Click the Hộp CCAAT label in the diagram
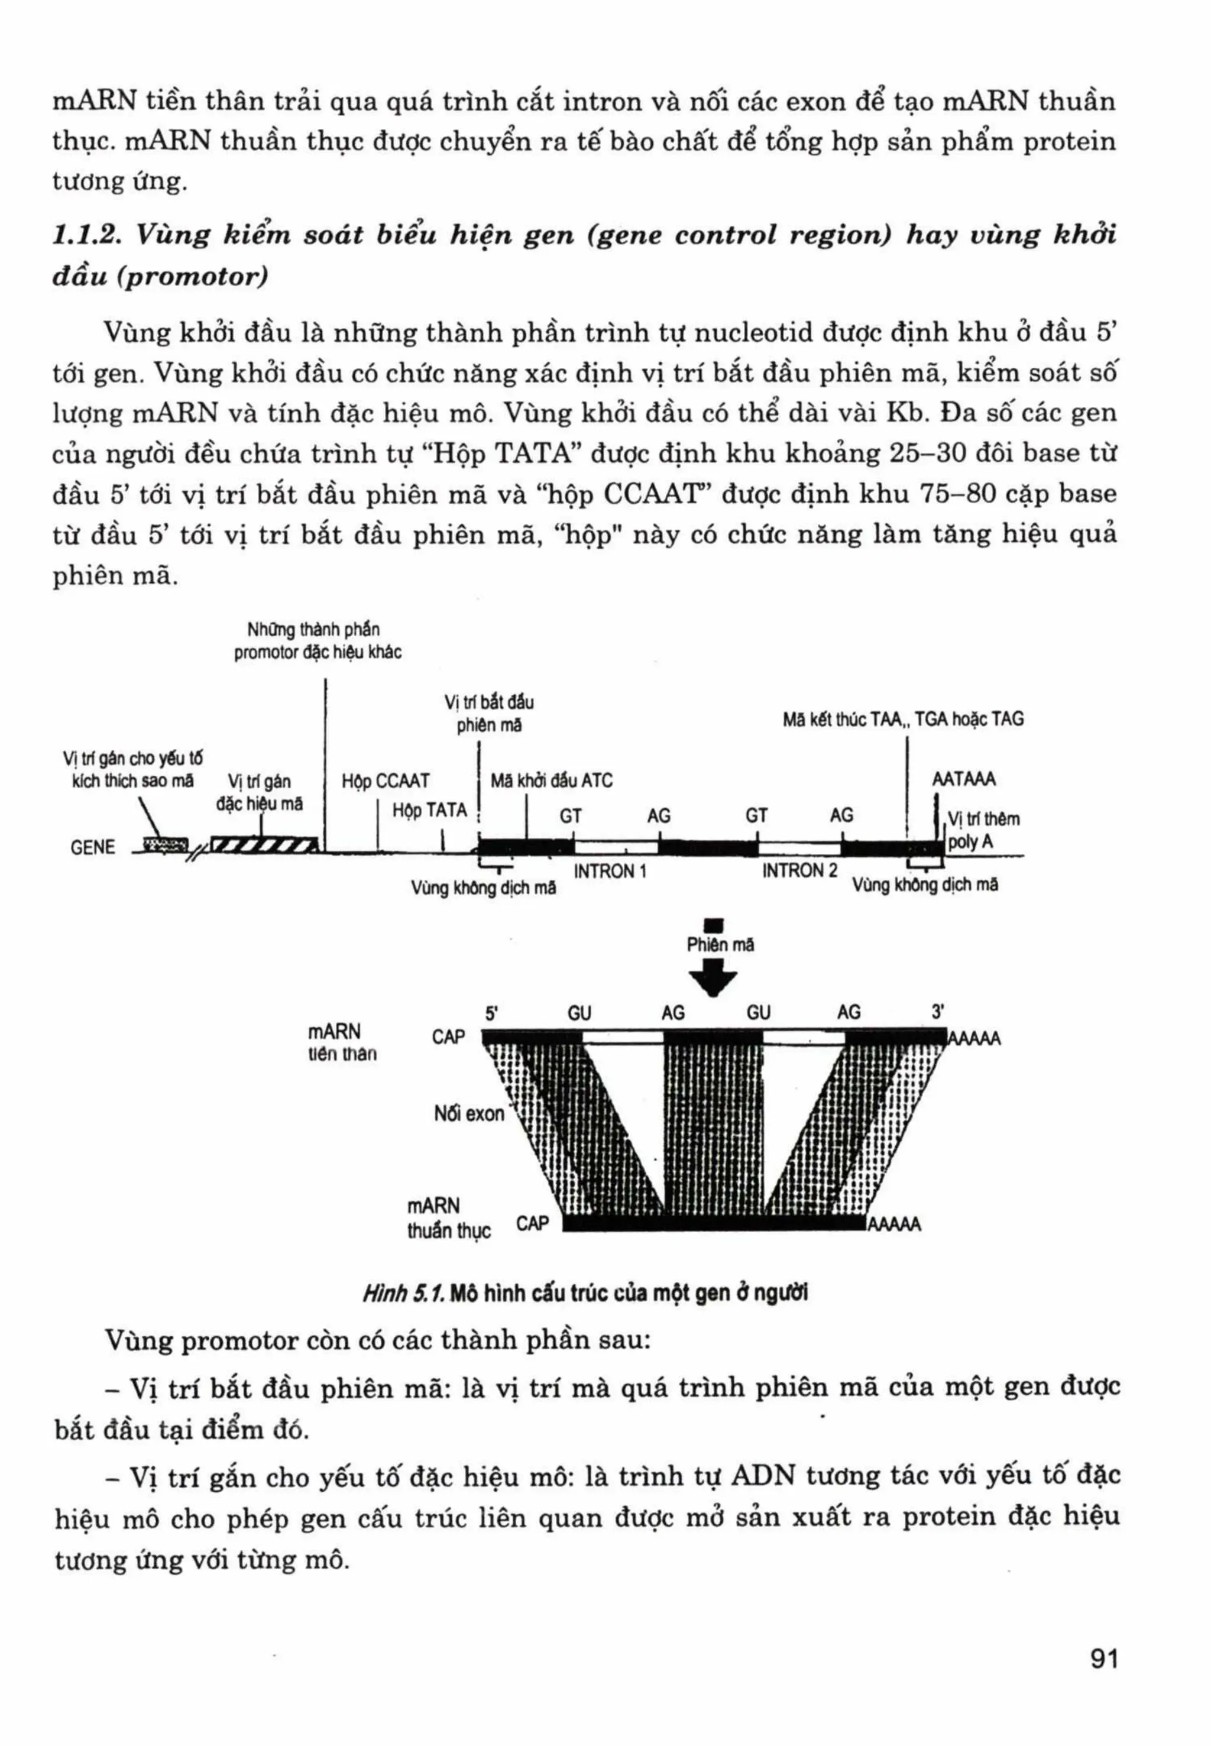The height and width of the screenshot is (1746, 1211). [x=386, y=781]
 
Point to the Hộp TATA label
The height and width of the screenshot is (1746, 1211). [x=429, y=811]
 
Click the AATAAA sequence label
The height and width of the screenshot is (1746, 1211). [x=964, y=779]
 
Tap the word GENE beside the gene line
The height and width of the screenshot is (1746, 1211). [x=93, y=848]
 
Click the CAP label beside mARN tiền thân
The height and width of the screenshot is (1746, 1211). [x=448, y=1036]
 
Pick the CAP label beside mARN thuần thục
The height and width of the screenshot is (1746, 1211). [x=532, y=1223]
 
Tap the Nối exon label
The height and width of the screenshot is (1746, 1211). [x=469, y=1113]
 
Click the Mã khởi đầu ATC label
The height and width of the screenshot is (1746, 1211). [x=552, y=781]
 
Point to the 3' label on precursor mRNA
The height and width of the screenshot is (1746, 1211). [x=938, y=1012]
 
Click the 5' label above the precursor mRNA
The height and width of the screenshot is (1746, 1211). [x=492, y=1013]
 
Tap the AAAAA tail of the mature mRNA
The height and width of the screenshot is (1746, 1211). [x=895, y=1224]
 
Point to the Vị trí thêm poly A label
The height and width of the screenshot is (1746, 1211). [x=983, y=830]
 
